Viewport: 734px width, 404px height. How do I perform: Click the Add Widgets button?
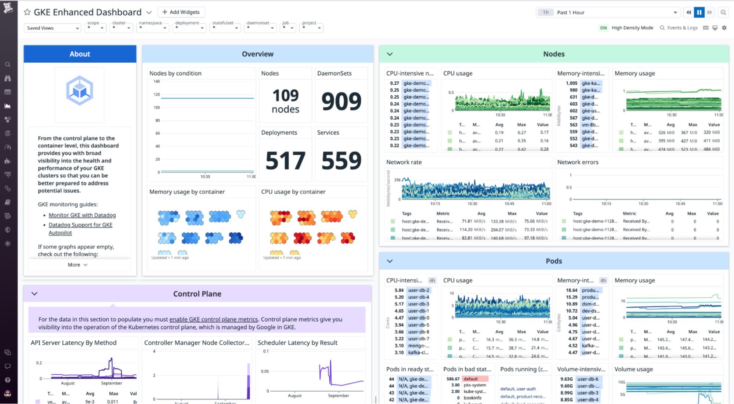181,12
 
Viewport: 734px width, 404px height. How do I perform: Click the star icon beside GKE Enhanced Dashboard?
27,12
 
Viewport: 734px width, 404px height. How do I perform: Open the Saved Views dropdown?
52,28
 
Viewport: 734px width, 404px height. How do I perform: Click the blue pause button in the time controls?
699,12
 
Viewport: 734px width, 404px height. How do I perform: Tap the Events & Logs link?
679,28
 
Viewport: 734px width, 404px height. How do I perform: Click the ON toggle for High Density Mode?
603,28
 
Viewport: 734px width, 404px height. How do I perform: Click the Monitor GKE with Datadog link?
82,215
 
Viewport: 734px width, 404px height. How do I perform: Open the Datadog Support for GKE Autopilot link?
80,225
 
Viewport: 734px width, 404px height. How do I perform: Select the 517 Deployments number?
285,161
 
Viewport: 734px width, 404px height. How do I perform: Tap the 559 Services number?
341,161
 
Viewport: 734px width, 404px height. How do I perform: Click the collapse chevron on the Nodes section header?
390,54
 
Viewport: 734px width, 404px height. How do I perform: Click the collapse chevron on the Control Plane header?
35,294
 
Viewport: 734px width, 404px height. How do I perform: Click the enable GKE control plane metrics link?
213,319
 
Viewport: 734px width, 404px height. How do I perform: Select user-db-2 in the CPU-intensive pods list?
419,290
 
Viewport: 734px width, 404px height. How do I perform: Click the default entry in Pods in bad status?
471,379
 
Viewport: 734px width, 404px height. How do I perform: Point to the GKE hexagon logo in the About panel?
80,91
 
